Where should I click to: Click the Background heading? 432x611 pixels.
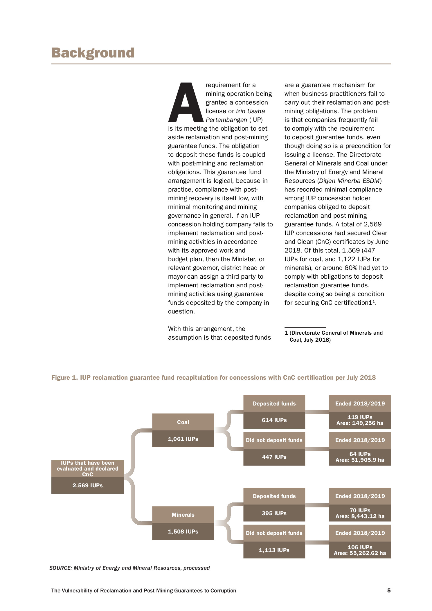coord(93,53)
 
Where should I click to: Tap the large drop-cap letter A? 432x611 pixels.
coord(186,103)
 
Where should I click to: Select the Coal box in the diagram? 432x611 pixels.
coord(183,422)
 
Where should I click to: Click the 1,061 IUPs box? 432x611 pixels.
coord(183,439)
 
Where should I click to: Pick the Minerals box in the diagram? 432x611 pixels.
coord(183,515)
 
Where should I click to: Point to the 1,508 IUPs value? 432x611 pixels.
coord(183,531)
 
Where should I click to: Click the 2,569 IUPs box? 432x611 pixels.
coord(87,485)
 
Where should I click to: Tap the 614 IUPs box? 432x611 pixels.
coord(274,420)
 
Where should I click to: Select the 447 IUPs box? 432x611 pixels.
coord(274,457)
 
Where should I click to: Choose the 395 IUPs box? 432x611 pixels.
coord(274,513)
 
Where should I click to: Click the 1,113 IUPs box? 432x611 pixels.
coord(274,550)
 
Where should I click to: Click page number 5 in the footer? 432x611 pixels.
coord(389,590)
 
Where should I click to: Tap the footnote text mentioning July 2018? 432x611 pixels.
coord(310,340)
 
